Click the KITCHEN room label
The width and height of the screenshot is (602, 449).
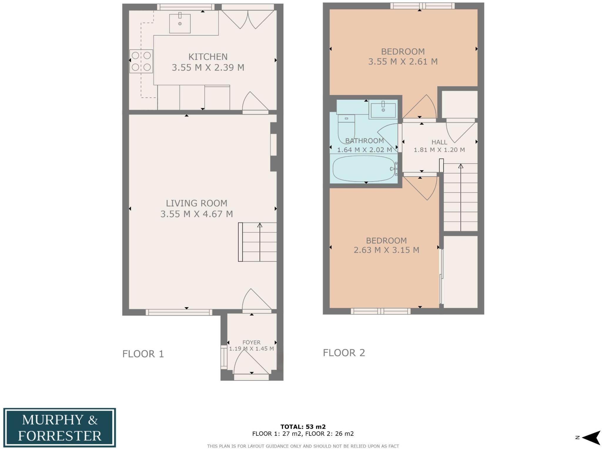point(208,56)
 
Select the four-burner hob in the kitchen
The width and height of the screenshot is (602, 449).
point(141,61)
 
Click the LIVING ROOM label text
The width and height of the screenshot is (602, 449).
point(196,203)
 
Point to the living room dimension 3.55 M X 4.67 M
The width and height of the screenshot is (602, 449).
point(197,214)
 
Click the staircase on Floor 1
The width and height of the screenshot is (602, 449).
point(257,242)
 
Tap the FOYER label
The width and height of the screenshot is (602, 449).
point(251,342)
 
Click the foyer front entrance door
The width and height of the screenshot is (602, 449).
point(251,365)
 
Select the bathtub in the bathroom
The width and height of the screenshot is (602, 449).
point(364,169)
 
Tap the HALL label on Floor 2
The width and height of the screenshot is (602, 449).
point(439,142)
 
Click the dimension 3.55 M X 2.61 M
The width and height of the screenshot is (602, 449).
point(403,61)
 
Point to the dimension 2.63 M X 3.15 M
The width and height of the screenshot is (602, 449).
point(386,250)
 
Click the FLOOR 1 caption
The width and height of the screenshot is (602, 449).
point(143,354)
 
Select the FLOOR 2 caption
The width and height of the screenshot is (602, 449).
point(344,352)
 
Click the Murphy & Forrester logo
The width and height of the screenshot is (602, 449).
point(59,428)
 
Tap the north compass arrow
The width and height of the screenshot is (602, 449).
point(591,438)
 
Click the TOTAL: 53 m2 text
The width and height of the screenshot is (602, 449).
point(303,427)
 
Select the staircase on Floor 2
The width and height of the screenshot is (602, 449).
point(460,197)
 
